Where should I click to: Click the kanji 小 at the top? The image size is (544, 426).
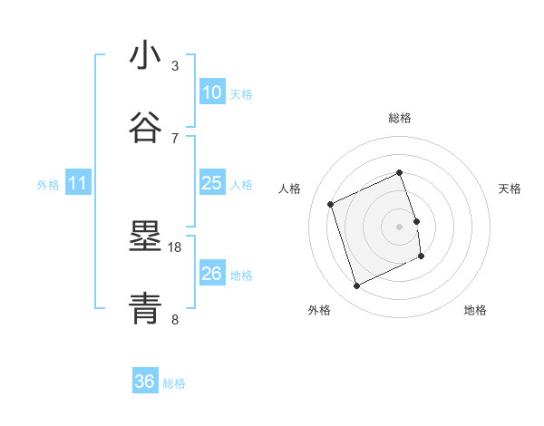[145, 56]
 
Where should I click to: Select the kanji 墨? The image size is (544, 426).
[145, 237]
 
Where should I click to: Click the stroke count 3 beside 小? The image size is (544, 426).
[175, 65]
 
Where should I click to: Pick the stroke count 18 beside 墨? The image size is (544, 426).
[175, 247]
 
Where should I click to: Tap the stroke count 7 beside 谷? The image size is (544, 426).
[175, 137]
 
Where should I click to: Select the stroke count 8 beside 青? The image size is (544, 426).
[175, 318]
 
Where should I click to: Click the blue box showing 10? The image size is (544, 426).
[211, 92]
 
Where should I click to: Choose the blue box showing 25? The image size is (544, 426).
[211, 183]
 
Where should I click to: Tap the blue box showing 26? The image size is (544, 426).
[211, 274]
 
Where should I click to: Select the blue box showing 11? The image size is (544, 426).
[78, 183]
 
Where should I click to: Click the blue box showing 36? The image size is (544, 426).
[145, 382]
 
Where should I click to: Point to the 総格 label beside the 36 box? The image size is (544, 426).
[174, 383]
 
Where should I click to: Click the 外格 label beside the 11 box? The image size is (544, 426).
[48, 185]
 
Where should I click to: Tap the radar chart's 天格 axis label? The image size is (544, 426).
[510, 189]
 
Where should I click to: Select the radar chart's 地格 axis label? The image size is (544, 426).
[475, 310]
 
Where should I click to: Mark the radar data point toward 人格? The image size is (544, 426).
[331, 204]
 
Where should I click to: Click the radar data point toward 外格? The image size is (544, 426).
[356, 286]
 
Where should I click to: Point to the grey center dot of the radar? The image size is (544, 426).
[399, 226]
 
